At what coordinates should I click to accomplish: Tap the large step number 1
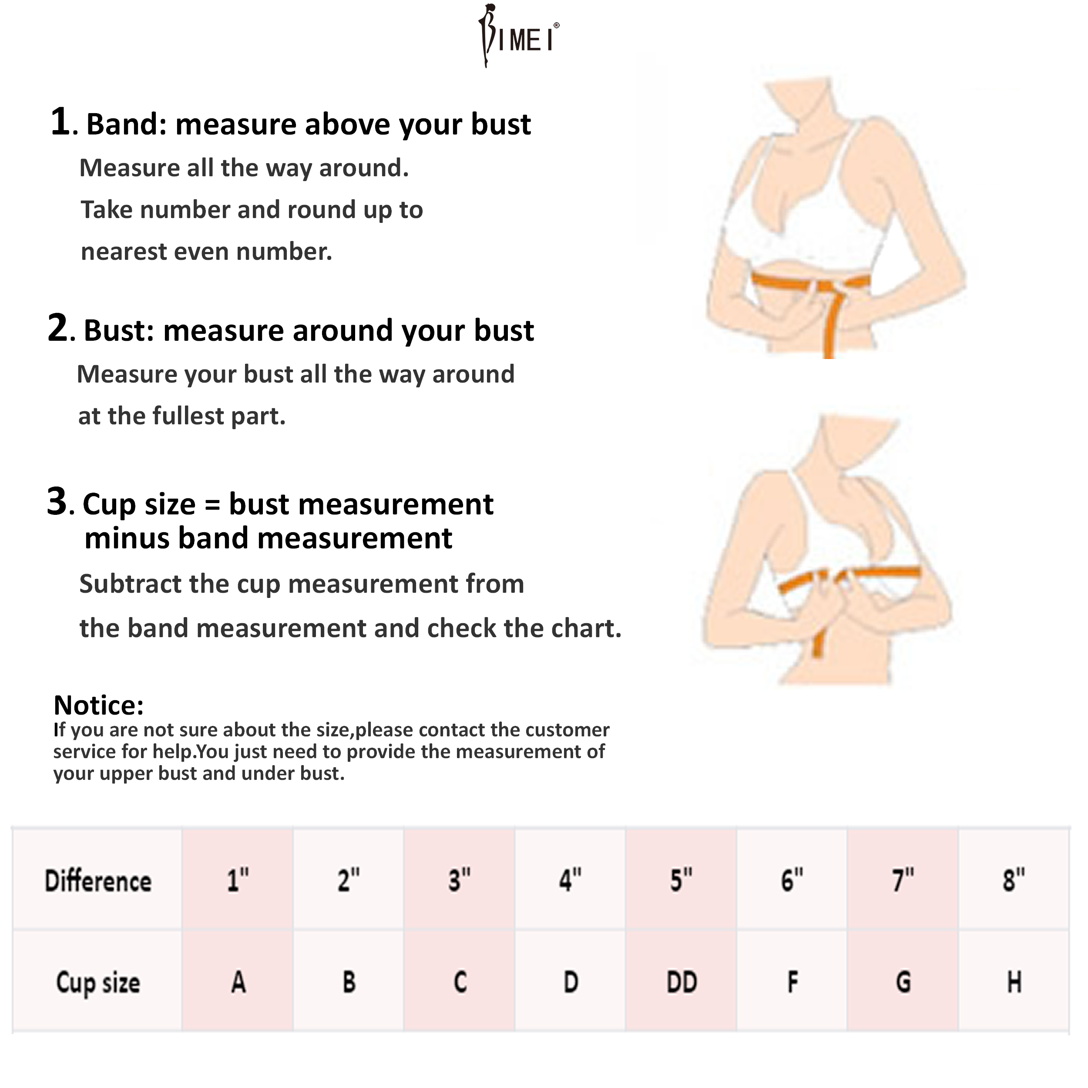[x=61, y=122]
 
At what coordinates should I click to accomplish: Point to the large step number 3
[x=57, y=501]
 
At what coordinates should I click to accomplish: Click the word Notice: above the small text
[x=98, y=705]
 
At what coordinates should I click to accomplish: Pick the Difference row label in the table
[x=98, y=881]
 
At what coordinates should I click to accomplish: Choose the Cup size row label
[x=98, y=983]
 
